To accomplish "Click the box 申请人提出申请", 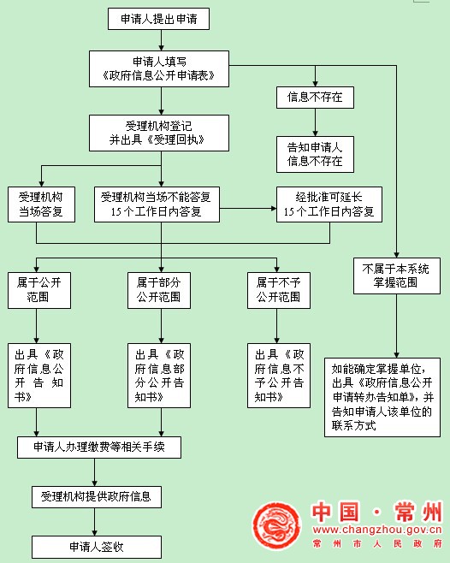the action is (x=158, y=19).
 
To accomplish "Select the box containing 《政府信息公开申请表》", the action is (x=159, y=68).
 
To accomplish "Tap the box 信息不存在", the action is (x=315, y=98).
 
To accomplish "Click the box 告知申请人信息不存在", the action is (x=315, y=154).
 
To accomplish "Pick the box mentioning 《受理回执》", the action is (x=159, y=133).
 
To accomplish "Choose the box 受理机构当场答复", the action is (x=41, y=204).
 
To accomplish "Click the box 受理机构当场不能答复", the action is (x=157, y=204).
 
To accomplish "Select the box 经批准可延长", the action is (x=329, y=204).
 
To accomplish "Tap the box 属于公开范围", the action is (x=39, y=290).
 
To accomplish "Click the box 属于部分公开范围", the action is (x=159, y=290).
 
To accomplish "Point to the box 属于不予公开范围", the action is (x=279, y=290).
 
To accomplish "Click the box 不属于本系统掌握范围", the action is (x=396, y=276).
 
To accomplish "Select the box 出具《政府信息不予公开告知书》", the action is (x=279, y=376).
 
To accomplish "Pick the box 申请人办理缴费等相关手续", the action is (x=99, y=447).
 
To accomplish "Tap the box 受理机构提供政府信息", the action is (x=97, y=497).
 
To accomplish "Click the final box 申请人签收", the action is (x=97, y=547).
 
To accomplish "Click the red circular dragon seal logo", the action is (x=276, y=526).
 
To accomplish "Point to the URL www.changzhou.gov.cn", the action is (x=377, y=530).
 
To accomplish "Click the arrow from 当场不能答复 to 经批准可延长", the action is (x=248, y=208).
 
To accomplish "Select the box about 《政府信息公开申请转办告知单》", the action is (x=382, y=397).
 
